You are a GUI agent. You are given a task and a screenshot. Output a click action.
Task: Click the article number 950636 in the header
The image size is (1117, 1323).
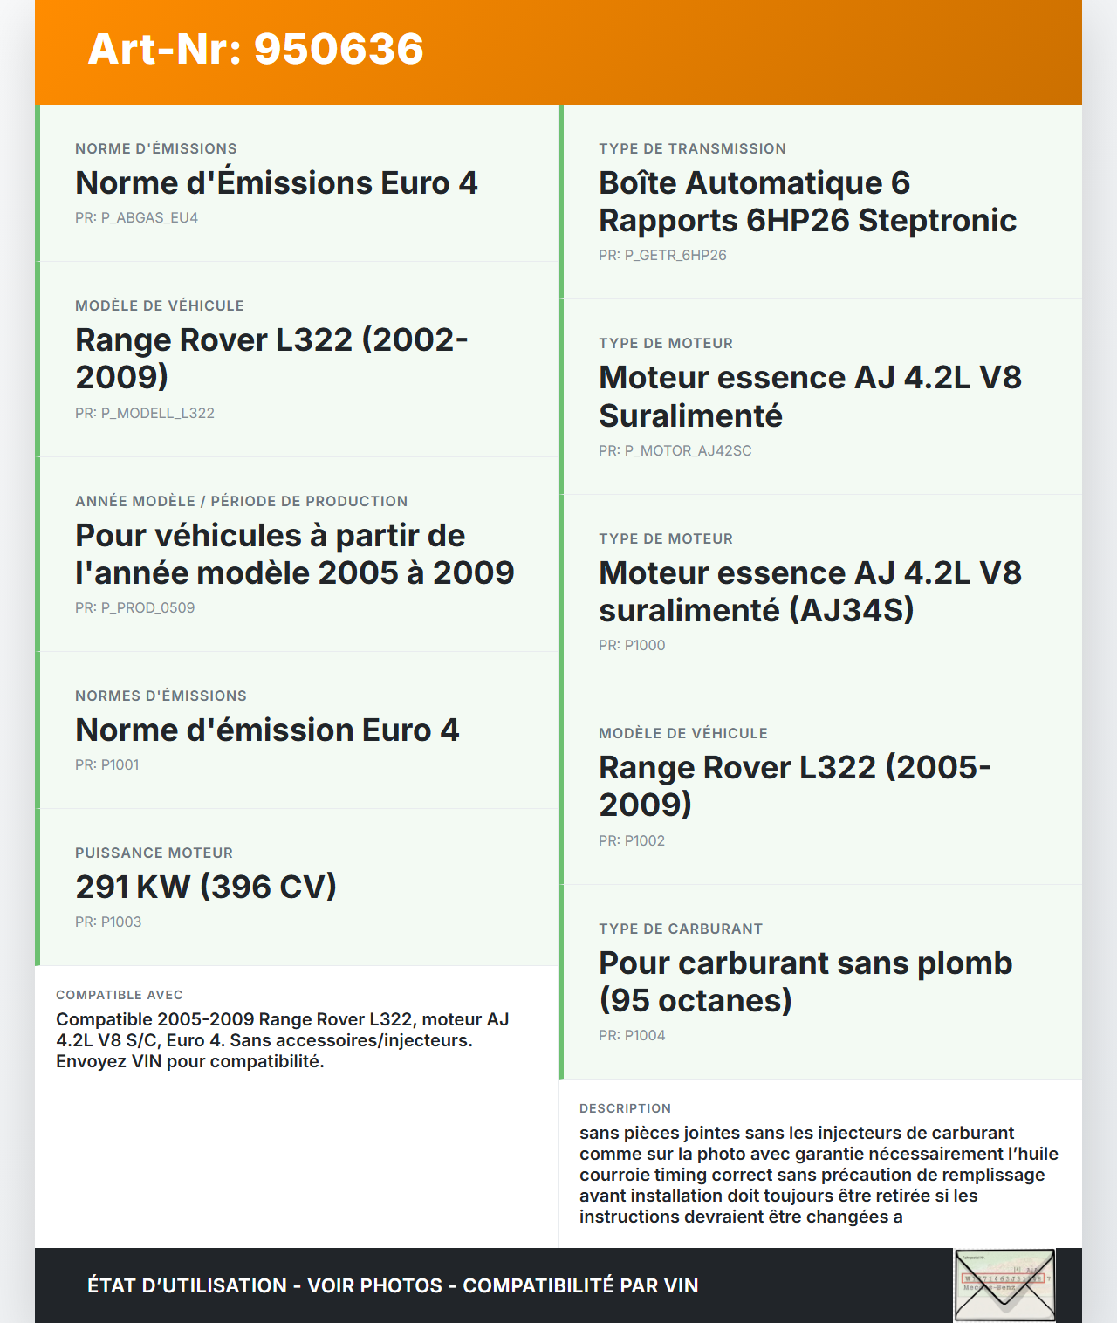[339, 49]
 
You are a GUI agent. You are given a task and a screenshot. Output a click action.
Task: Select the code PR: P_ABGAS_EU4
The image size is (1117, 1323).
[136, 217]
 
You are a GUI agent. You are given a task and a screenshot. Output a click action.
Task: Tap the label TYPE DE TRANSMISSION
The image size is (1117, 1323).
[692, 148]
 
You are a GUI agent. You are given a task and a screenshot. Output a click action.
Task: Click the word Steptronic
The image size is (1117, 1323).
[937, 220]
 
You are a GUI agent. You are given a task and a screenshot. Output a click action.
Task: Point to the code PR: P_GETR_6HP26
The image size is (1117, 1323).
[662, 255]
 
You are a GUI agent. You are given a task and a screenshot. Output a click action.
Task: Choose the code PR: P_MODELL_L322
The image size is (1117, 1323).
[145, 413]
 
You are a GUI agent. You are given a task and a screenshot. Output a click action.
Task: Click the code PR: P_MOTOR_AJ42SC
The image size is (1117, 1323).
[675, 450]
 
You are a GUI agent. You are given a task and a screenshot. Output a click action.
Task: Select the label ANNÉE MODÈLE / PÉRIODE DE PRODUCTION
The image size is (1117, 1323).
[242, 501]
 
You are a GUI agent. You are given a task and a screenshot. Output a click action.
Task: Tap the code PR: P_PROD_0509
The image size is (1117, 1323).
[134, 607]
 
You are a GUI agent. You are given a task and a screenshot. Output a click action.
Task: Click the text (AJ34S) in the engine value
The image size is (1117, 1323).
[851, 610]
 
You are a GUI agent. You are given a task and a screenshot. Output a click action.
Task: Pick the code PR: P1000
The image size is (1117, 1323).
[632, 645]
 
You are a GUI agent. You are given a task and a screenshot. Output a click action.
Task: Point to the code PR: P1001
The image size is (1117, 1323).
[106, 764]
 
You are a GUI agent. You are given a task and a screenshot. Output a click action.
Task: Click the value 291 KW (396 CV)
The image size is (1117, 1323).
[206, 887]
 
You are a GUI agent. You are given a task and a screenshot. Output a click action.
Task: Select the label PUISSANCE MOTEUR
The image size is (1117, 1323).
[154, 853]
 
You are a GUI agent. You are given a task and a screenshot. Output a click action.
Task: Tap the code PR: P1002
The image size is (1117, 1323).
[632, 840]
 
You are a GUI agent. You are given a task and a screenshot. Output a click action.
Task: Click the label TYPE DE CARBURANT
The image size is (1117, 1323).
[681, 929]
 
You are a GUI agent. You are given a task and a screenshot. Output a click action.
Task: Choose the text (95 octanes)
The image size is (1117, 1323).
[696, 1000]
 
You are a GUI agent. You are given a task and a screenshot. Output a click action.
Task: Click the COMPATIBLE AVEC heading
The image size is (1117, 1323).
[120, 995]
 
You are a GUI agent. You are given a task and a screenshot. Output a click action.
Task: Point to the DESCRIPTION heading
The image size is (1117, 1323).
[625, 1108]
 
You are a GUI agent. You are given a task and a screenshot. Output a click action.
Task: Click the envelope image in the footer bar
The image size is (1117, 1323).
[1004, 1285]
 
